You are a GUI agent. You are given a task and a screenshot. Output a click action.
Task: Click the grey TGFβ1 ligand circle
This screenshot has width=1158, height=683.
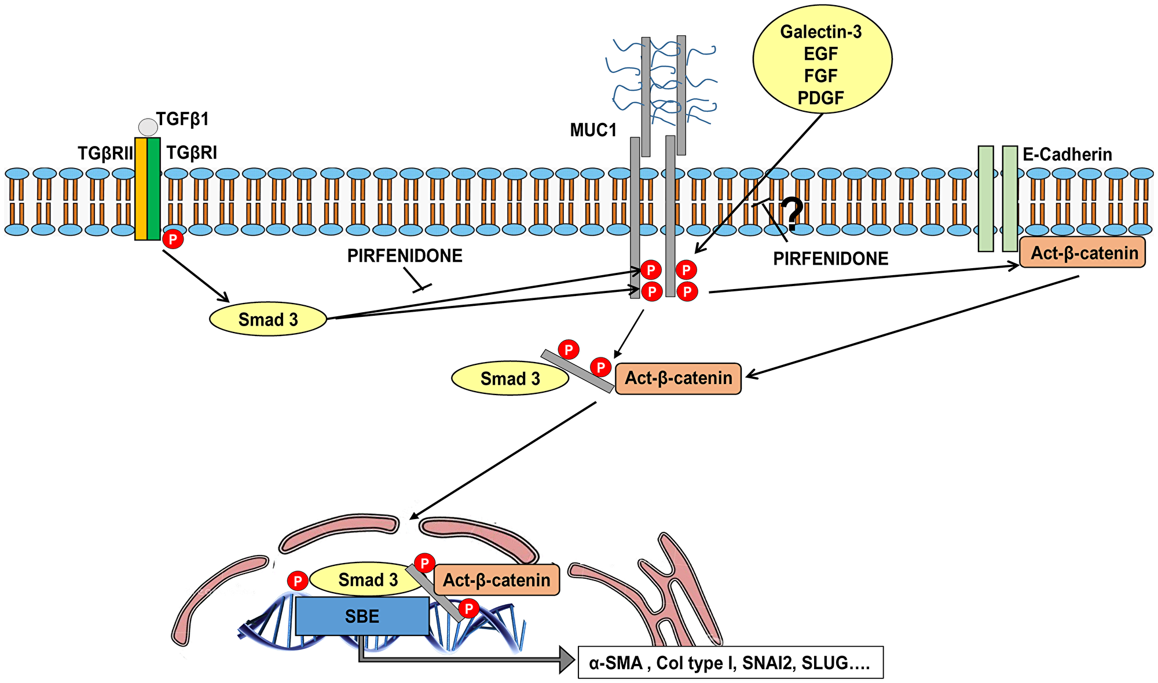[x=148, y=127]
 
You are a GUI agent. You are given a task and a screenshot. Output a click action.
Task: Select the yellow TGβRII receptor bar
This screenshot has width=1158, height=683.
[x=141, y=188]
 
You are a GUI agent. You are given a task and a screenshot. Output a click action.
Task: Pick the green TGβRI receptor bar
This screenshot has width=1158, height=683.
[x=154, y=188]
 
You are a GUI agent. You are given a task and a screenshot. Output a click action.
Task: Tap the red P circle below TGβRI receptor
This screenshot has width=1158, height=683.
[x=173, y=239]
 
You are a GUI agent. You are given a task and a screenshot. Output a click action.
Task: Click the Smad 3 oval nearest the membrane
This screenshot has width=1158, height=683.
[x=268, y=319]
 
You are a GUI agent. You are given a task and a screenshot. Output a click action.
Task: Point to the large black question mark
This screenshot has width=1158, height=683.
[x=792, y=214]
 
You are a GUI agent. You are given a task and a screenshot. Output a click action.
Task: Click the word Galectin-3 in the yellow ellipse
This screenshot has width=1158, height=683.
[x=821, y=32]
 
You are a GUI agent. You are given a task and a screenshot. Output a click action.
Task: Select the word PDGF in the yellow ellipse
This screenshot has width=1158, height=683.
[x=821, y=98]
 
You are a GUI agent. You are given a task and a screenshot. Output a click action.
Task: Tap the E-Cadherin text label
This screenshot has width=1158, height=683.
[x=1067, y=155]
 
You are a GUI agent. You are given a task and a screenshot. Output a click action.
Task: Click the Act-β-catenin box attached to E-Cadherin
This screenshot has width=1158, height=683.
[x=1083, y=253]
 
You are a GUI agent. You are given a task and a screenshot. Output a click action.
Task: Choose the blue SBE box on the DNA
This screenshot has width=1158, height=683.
[x=362, y=616]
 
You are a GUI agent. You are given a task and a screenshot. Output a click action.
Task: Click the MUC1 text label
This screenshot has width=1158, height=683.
[x=593, y=130]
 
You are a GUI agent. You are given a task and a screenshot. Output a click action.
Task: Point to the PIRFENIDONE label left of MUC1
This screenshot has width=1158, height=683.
[x=405, y=255]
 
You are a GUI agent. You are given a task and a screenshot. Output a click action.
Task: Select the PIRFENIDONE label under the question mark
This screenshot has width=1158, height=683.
[x=831, y=259]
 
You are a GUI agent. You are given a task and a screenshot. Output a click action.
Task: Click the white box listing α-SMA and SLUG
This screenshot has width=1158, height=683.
[x=731, y=663]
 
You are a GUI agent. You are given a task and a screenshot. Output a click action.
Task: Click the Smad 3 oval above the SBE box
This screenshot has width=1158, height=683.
[x=367, y=579]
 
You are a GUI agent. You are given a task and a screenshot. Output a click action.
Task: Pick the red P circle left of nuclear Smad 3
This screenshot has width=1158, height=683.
[x=298, y=581]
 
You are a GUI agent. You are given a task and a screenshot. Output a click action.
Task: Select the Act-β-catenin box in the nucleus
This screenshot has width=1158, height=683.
[x=497, y=580]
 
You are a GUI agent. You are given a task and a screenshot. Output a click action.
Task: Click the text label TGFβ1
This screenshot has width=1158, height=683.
[x=182, y=119]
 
